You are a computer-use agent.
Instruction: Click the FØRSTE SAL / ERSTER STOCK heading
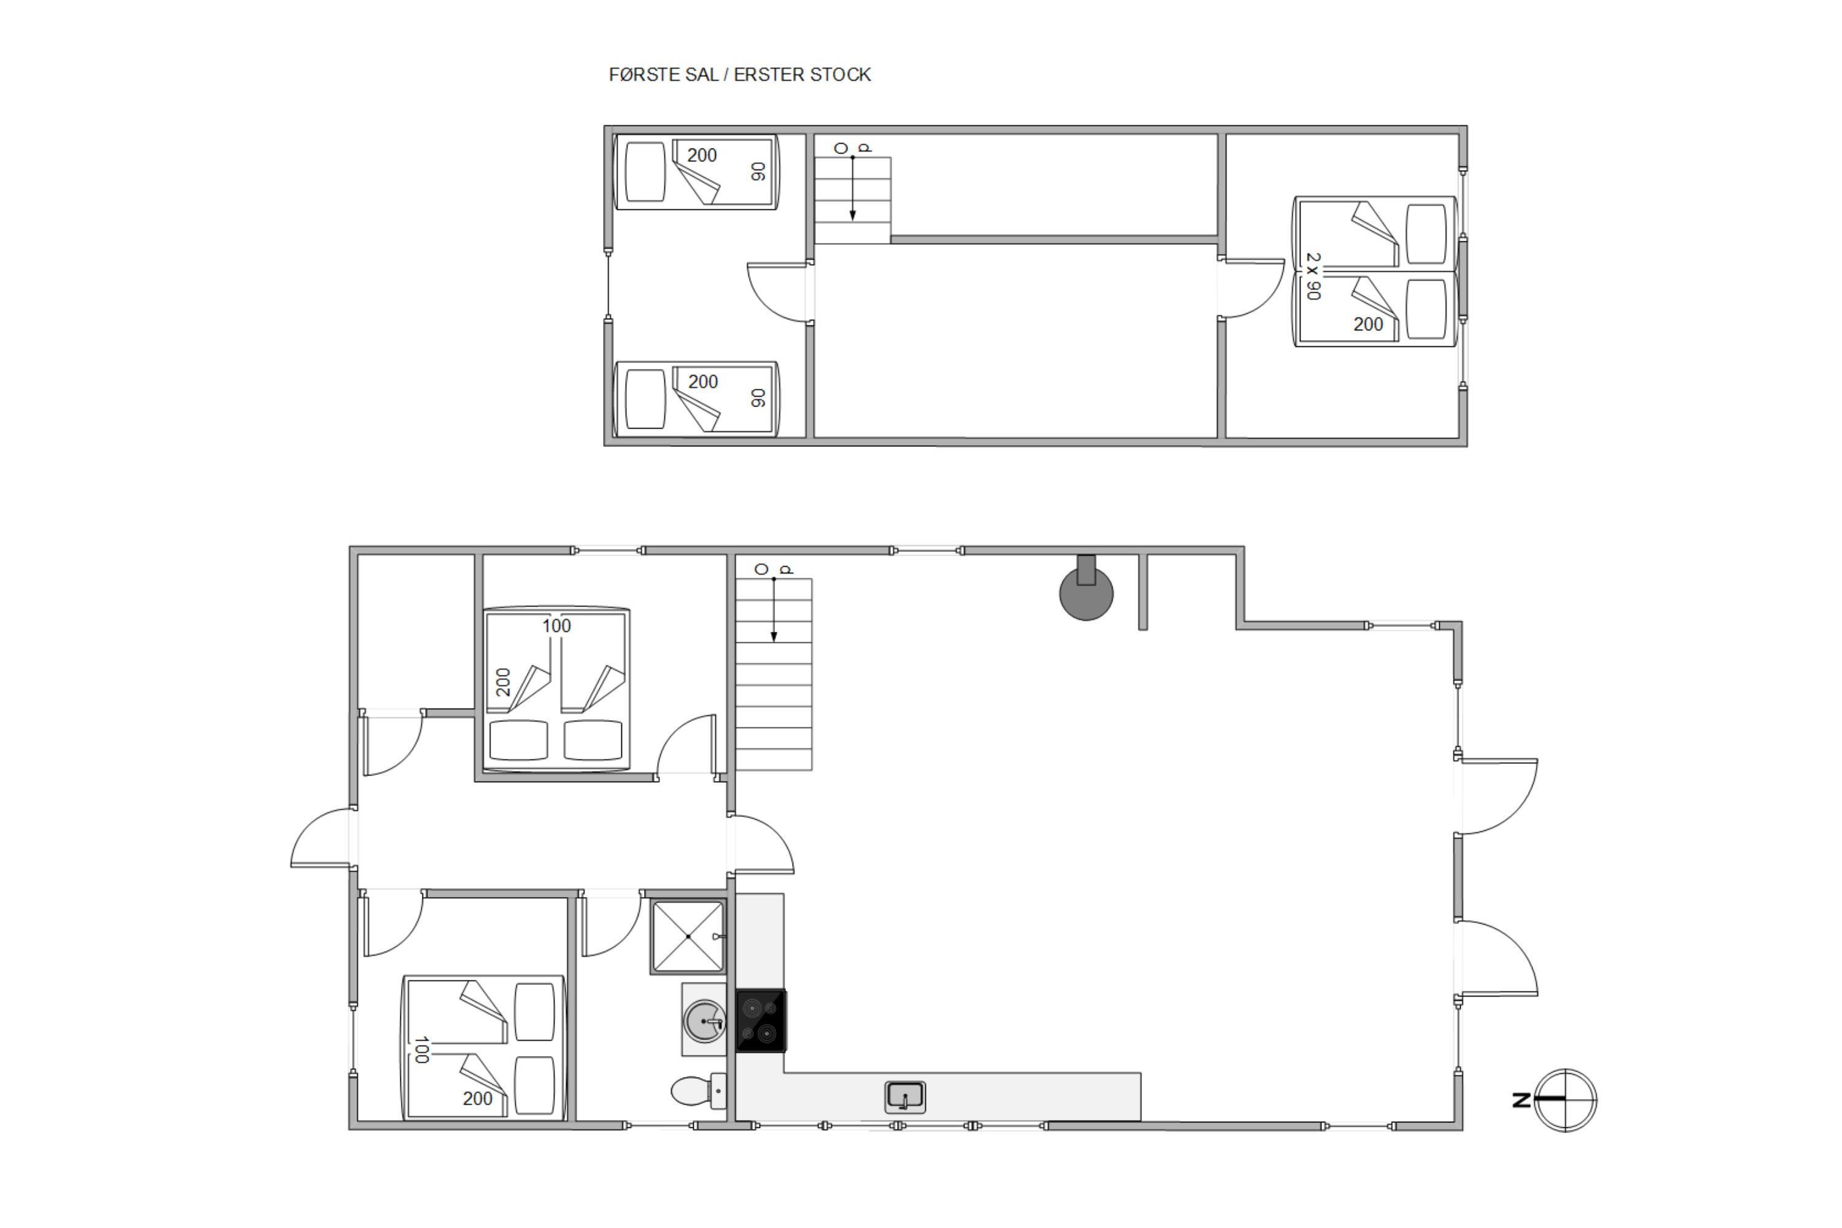click(739, 74)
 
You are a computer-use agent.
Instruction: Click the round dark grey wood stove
click(1086, 592)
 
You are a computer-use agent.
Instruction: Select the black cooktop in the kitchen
click(761, 1020)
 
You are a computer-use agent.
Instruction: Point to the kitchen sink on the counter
click(905, 1097)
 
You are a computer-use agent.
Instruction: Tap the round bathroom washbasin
click(705, 1020)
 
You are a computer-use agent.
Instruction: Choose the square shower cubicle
click(688, 937)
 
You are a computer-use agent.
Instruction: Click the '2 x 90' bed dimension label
click(1313, 276)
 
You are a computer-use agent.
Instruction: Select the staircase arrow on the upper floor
click(852, 188)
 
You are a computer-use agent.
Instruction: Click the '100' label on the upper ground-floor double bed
click(557, 626)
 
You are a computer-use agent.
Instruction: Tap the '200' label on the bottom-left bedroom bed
click(478, 1099)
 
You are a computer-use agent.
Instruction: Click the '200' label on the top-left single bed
click(702, 155)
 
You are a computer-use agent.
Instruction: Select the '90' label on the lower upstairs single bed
click(758, 398)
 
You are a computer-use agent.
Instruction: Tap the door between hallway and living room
click(761, 844)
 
